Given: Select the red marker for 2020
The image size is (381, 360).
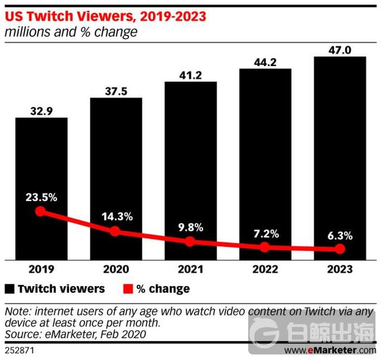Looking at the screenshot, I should coord(115,231).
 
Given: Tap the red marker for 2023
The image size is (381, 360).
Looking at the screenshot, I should coord(340,249).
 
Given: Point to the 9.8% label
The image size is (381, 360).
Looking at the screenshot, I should coord(190,227).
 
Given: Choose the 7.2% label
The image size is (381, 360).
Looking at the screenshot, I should coord(265,233).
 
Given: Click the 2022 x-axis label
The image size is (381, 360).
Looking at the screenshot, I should coord(265,270).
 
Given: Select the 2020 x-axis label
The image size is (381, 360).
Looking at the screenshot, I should coord(115,270).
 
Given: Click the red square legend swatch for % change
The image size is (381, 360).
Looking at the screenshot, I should coord(127,289).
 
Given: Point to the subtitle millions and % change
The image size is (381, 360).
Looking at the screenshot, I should coord(71,32).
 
